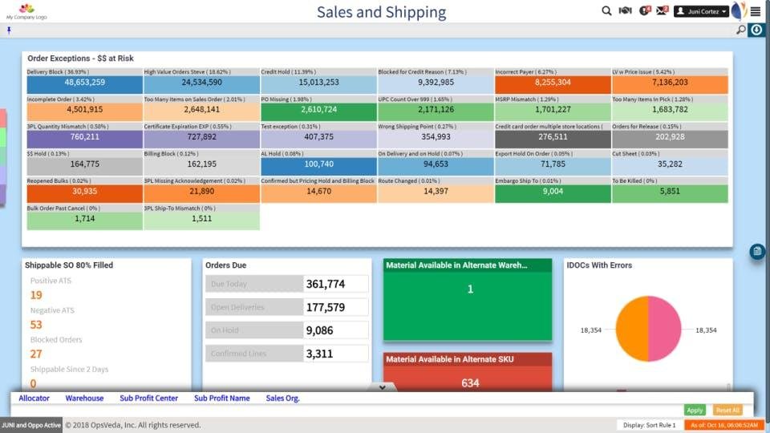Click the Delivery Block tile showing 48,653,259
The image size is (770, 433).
pyautogui.click(x=85, y=83)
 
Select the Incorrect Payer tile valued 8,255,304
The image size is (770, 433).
pyautogui.click(x=553, y=83)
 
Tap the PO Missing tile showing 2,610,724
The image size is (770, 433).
pyautogui.click(x=318, y=110)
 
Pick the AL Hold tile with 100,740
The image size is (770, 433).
pyautogui.click(x=318, y=164)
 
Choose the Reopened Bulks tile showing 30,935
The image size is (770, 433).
pyautogui.click(x=85, y=192)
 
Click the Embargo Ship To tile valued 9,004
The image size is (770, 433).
pyautogui.click(x=553, y=192)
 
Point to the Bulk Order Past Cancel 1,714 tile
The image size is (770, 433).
pyautogui.click(x=85, y=219)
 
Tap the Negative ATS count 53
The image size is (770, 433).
pyautogui.click(x=36, y=325)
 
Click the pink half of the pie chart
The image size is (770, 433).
pyautogui.click(x=665, y=329)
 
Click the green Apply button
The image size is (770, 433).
pyautogui.click(x=695, y=410)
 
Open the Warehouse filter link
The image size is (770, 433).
pyautogui.click(x=84, y=398)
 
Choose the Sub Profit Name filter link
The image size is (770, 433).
pyautogui.click(x=221, y=398)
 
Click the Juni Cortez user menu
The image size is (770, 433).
pyautogui.click(x=701, y=11)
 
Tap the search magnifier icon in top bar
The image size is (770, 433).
pyautogui.click(x=606, y=10)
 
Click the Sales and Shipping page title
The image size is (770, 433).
pyautogui.click(x=381, y=12)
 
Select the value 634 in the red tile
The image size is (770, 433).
pyautogui.click(x=469, y=383)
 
